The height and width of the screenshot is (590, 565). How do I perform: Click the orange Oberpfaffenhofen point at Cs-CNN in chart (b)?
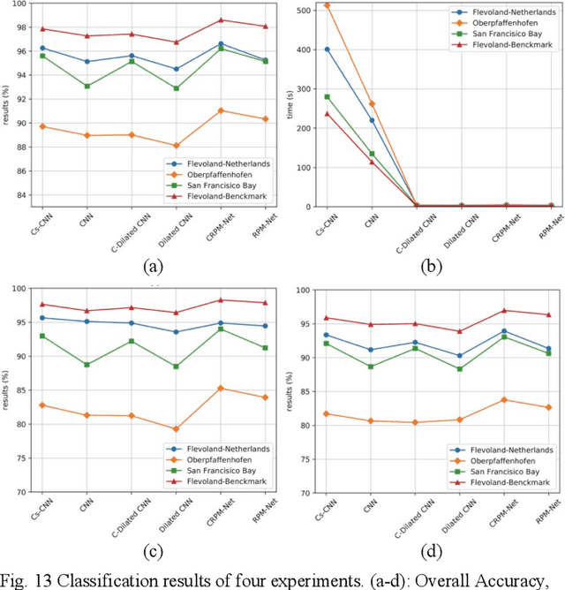click(x=327, y=5)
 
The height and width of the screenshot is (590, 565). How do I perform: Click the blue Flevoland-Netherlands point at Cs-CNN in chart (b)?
click(x=327, y=49)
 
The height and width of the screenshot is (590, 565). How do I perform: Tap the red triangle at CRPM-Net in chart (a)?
click(x=221, y=19)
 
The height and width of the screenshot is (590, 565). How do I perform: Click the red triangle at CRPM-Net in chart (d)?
click(x=503, y=310)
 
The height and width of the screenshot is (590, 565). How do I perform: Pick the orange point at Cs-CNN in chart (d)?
click(x=327, y=413)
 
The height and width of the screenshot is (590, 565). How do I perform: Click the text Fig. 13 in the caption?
click(x=26, y=581)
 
